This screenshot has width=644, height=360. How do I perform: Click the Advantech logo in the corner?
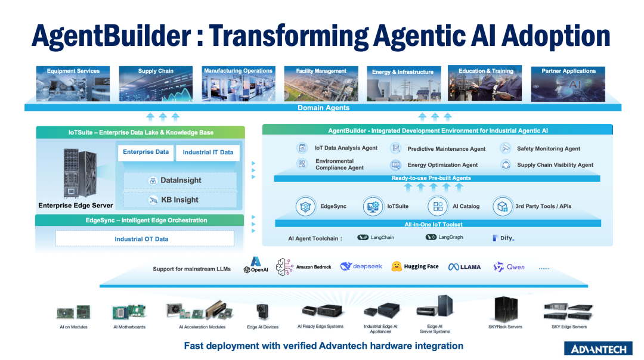pos(598,349)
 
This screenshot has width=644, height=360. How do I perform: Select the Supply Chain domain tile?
pos(156,83)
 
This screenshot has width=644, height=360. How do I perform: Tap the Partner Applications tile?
pos(568,84)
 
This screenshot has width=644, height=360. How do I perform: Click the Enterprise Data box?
pos(146,153)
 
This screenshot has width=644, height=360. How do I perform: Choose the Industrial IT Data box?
pos(208,153)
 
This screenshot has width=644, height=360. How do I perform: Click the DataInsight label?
pos(181,180)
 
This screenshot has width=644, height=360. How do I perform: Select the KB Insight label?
pos(179,200)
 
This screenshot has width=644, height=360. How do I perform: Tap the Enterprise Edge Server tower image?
pos(80,173)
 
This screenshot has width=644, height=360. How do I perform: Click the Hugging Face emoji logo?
pos(397,266)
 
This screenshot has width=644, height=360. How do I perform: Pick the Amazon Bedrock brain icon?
pos(284,267)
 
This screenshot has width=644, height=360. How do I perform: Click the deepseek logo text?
pos(367,266)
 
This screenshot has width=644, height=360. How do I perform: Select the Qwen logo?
pos(509,267)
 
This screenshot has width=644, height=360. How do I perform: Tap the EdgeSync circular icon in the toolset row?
pos(305,206)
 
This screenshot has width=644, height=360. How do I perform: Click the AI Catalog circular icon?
pos(438,206)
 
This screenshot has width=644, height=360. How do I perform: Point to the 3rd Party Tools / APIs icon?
pos(502,206)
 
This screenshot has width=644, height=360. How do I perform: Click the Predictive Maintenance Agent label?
pos(446,148)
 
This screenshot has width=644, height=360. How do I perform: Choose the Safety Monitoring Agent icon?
pos(506,148)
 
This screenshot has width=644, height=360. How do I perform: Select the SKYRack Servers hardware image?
pos(506,309)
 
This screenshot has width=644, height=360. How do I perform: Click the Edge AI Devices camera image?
pos(262,312)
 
